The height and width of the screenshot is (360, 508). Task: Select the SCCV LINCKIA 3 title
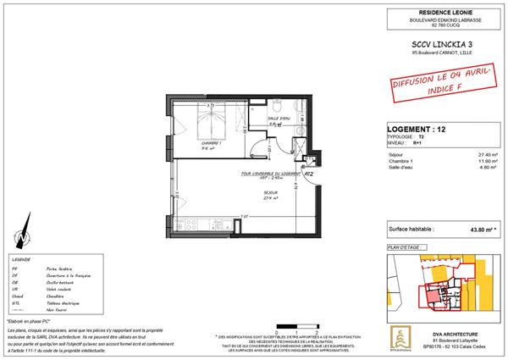[x=430, y=42]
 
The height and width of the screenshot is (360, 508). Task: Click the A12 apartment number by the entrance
[x=310, y=174]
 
